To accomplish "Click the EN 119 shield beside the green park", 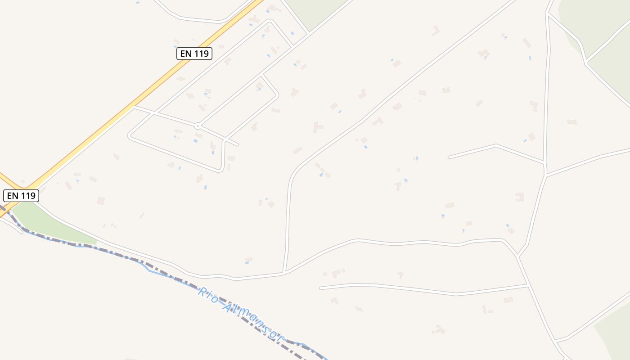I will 21,196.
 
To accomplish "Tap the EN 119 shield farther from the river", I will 194,54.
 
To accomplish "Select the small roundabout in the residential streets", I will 197,126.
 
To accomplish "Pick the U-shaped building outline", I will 520,197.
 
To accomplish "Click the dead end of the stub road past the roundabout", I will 238,145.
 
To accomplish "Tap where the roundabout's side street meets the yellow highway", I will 134,107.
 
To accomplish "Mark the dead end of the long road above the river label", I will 320,288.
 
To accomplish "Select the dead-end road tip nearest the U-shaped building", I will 449,157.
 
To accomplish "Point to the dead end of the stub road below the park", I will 21,232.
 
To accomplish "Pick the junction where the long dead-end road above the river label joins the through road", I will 528,285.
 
